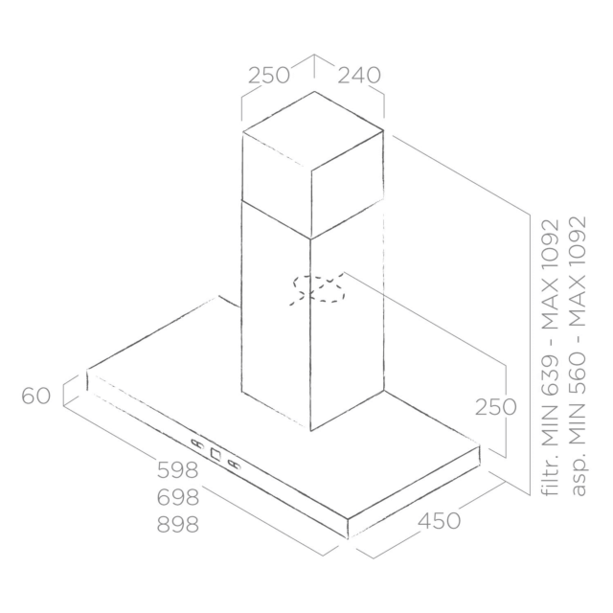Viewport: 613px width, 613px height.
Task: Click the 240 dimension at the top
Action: click(359, 76)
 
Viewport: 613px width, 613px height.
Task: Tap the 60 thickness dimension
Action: click(36, 396)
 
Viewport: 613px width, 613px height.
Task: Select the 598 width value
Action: click(178, 470)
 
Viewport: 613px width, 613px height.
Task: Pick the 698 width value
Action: click(178, 497)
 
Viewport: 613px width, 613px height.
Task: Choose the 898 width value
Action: click(178, 524)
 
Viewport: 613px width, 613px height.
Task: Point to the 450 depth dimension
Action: click(439, 520)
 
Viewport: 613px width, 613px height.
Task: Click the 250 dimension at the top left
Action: click(269, 76)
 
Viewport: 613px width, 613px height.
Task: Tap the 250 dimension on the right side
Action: click(496, 407)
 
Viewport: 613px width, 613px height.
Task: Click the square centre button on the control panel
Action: click(216, 453)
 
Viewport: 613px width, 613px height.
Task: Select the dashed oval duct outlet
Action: click(317, 289)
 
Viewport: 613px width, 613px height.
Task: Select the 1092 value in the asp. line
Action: click(578, 238)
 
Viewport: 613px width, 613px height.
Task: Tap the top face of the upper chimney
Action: click(313, 131)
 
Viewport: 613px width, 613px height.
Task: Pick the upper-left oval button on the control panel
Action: click(198, 443)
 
